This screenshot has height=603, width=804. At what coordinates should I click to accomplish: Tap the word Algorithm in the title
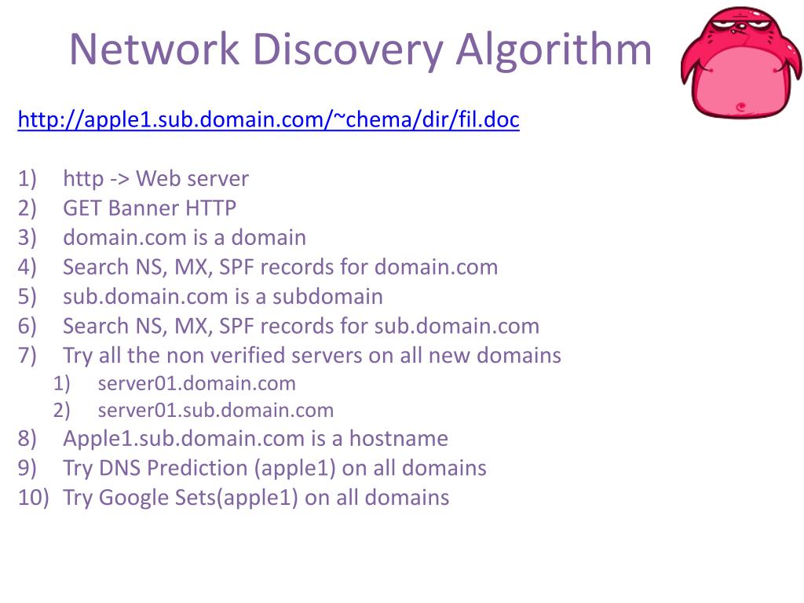(554, 49)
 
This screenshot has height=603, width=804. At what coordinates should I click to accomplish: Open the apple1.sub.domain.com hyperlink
(268, 120)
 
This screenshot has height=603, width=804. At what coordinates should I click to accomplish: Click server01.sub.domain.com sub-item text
(215, 410)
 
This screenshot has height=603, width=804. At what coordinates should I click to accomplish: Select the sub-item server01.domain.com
(196, 384)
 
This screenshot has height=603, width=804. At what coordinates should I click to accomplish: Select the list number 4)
(27, 267)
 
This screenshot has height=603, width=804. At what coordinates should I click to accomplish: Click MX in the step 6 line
(188, 326)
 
